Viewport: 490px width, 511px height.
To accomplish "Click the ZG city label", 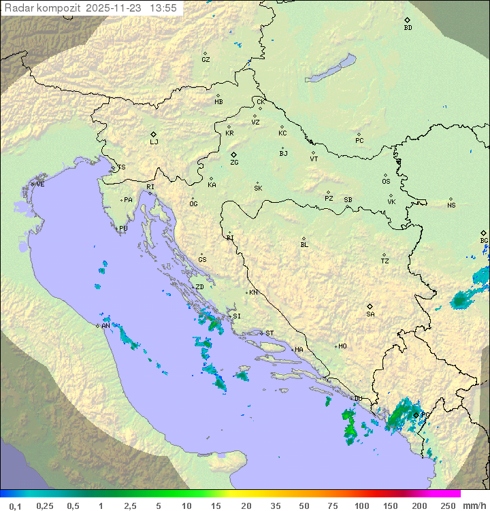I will (x=234, y=163).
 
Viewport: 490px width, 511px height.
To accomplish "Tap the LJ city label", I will (x=154, y=142).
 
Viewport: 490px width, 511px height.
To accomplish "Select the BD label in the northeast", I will (x=408, y=28).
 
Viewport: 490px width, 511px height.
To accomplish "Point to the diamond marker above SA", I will (x=370, y=306).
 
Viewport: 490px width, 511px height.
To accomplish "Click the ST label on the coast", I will (x=269, y=333).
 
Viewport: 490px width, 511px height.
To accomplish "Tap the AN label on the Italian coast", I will (x=105, y=326).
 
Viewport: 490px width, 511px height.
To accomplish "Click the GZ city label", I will (x=206, y=60).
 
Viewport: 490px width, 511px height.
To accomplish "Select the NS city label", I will (x=451, y=205).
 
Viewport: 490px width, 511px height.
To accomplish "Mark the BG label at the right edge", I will (x=484, y=240).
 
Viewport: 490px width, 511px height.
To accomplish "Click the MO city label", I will (x=342, y=346).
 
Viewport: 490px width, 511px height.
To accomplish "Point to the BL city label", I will (x=304, y=245).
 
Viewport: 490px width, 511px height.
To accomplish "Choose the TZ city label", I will (x=385, y=261).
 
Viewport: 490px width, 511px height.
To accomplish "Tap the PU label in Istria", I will (x=123, y=229).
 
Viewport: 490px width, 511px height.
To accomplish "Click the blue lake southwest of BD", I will (x=331, y=69).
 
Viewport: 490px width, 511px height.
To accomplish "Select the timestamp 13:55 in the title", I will (x=163, y=8).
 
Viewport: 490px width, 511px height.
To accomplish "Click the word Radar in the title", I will (x=18, y=8).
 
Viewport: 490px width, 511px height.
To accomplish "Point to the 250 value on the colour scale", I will (x=447, y=505).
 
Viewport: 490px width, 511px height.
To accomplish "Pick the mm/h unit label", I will (x=474, y=505).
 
